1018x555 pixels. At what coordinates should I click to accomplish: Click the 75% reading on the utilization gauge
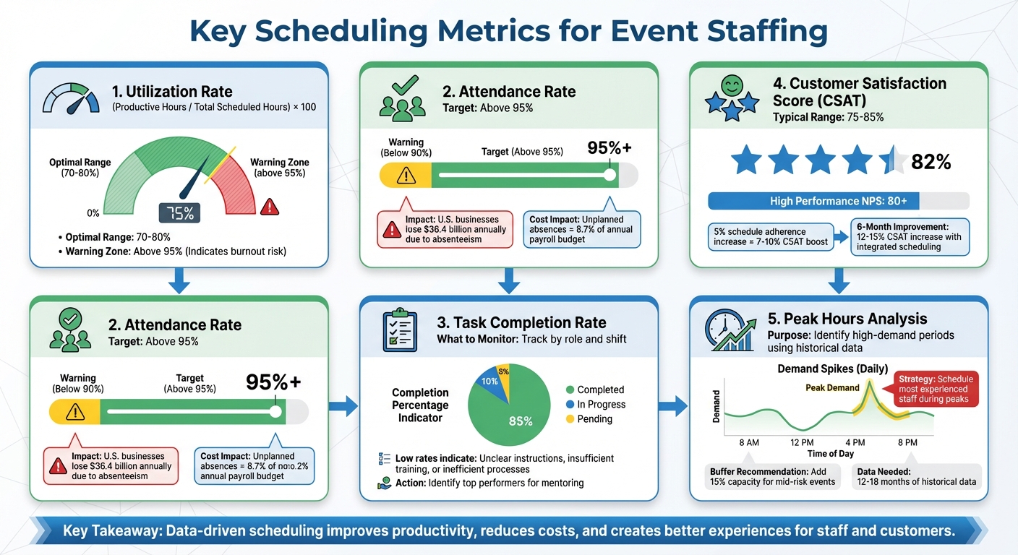(x=179, y=213)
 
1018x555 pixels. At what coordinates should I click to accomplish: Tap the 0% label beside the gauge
(x=93, y=213)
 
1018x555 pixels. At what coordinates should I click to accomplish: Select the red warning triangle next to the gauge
(x=270, y=207)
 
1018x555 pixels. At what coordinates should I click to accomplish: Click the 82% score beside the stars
(x=931, y=162)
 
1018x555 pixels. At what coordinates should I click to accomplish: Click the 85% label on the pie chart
(x=521, y=421)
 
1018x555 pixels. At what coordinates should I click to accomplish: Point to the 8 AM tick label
(x=748, y=442)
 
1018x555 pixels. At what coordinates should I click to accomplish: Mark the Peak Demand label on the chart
(x=832, y=388)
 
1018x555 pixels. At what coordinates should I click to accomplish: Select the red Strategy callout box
(x=936, y=390)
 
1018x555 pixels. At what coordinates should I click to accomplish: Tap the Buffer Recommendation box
(x=772, y=477)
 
